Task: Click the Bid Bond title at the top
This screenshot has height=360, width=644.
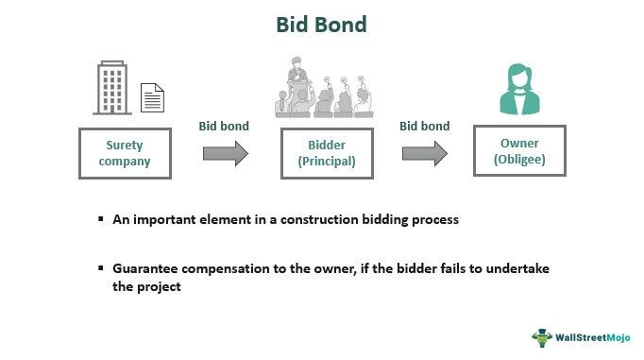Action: tap(321, 26)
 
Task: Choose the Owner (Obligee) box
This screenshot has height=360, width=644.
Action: tap(522, 153)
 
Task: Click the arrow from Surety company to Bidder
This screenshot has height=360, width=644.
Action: tap(225, 154)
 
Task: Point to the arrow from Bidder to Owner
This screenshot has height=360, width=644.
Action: tap(424, 154)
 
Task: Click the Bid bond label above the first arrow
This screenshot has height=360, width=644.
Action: tap(223, 125)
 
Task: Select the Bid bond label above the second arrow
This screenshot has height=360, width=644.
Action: tap(424, 125)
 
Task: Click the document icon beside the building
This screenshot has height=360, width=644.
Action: tap(151, 97)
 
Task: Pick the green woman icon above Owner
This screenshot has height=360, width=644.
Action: tap(522, 90)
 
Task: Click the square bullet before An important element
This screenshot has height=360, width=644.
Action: tap(100, 218)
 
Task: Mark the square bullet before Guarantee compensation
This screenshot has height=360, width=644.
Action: tap(100, 269)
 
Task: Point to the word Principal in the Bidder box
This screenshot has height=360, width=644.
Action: tap(327, 162)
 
